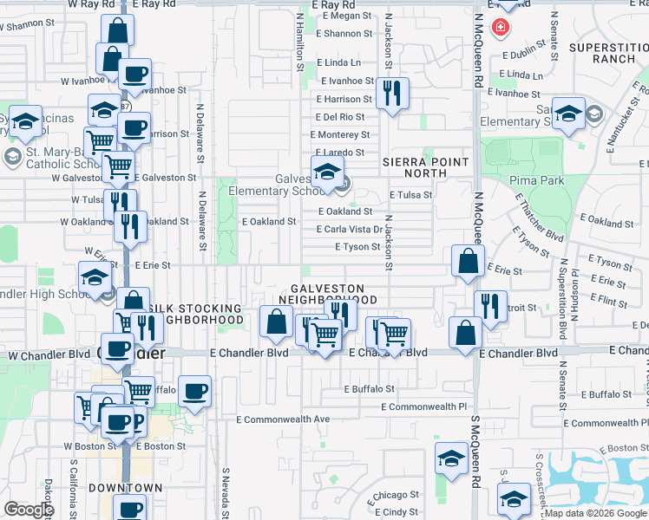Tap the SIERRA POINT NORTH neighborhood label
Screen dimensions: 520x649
click(x=425, y=167)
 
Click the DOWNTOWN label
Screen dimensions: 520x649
click(x=126, y=488)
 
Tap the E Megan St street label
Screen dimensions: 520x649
click(x=344, y=16)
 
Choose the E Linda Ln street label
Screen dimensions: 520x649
click(x=338, y=62)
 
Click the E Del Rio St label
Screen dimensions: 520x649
click(x=339, y=116)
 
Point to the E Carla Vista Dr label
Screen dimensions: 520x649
click(x=351, y=230)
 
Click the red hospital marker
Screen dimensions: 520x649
click(x=500, y=28)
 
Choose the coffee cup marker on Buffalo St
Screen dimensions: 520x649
click(x=194, y=391)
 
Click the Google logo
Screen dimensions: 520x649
click(x=28, y=510)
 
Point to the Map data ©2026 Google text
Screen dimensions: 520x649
click(x=595, y=513)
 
